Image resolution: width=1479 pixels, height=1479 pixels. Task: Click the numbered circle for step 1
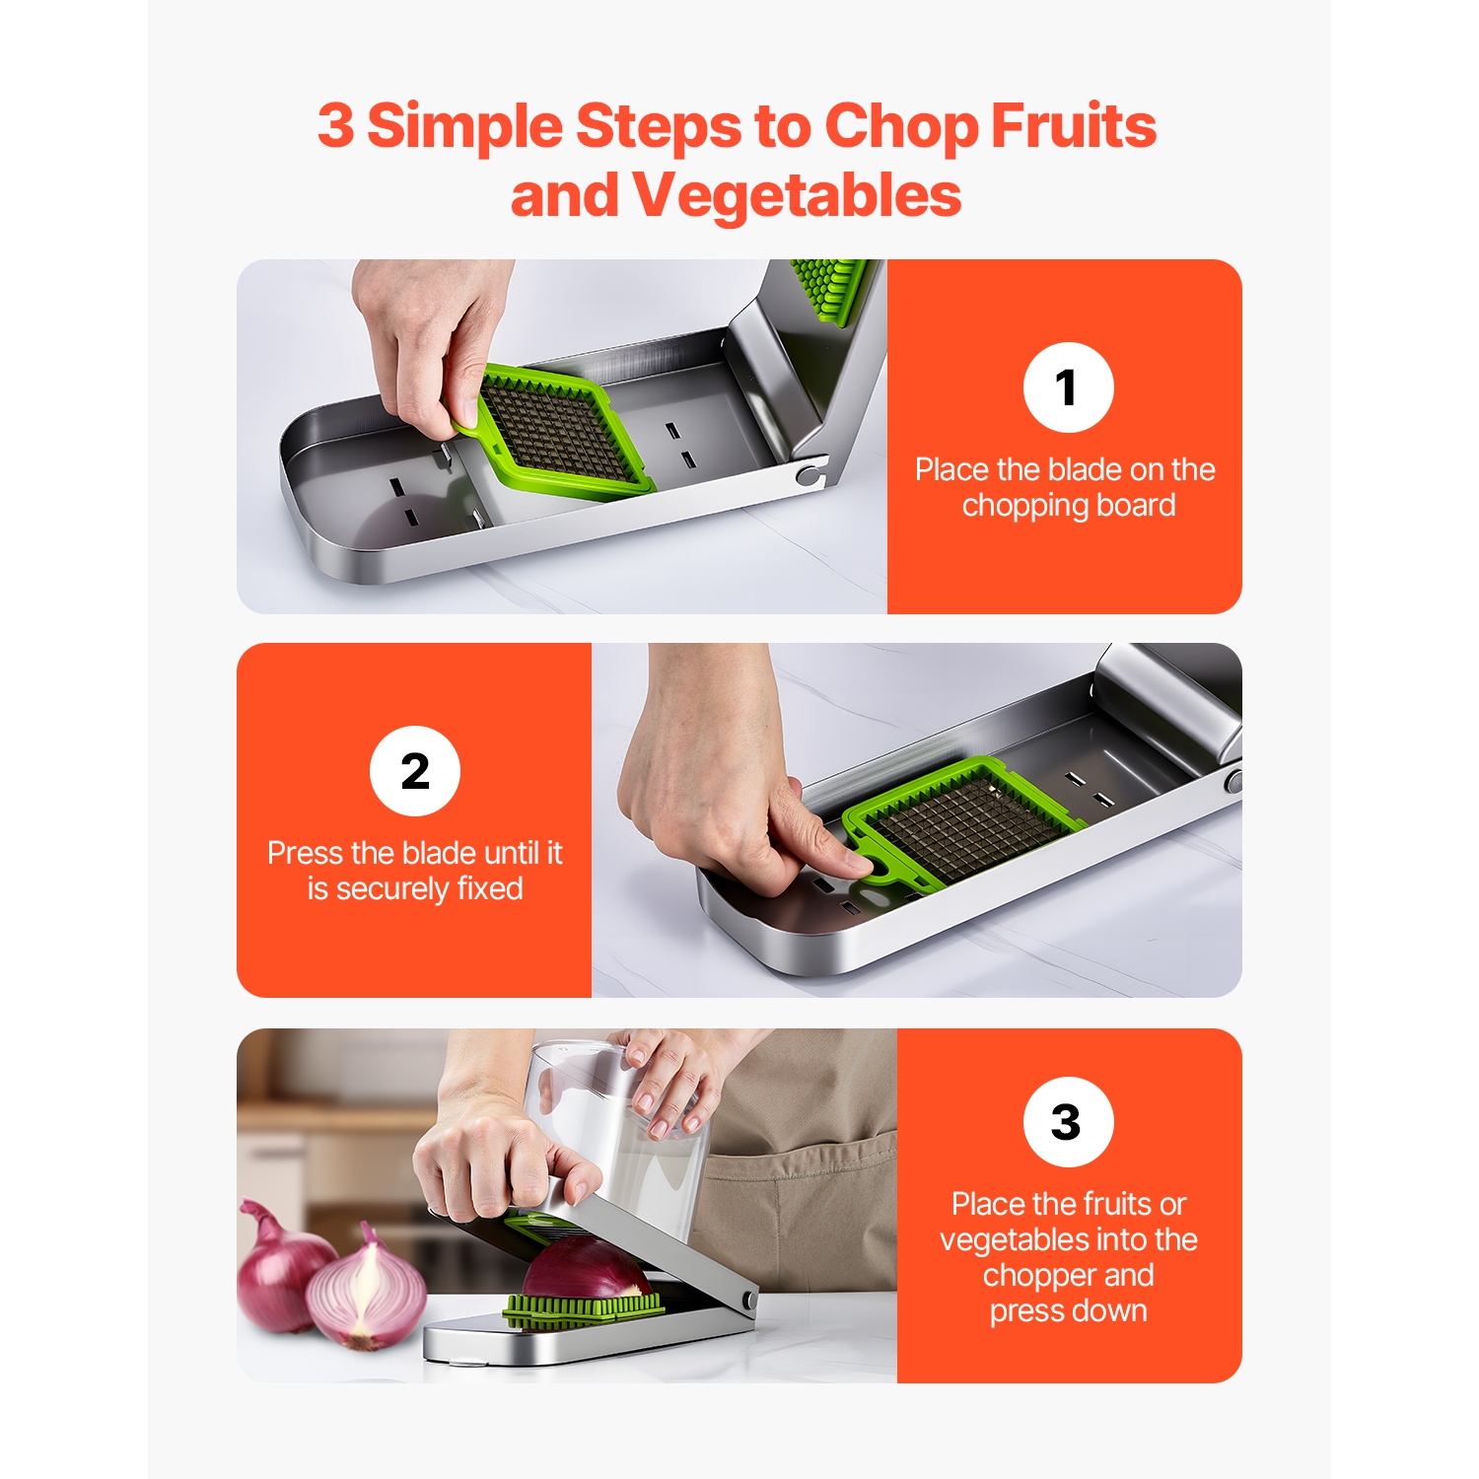coord(1068,387)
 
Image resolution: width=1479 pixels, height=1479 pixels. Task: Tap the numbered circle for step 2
coord(415,771)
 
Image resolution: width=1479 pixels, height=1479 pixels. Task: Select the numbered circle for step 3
coord(1068,1122)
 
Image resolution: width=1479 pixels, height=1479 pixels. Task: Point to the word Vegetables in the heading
coord(797,195)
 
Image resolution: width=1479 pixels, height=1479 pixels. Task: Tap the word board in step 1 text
coord(1136,505)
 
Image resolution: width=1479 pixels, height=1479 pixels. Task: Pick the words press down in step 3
coord(1068,1310)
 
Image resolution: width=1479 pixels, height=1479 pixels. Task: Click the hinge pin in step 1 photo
coord(809,476)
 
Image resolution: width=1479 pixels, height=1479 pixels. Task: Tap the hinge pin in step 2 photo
coord(1232,783)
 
